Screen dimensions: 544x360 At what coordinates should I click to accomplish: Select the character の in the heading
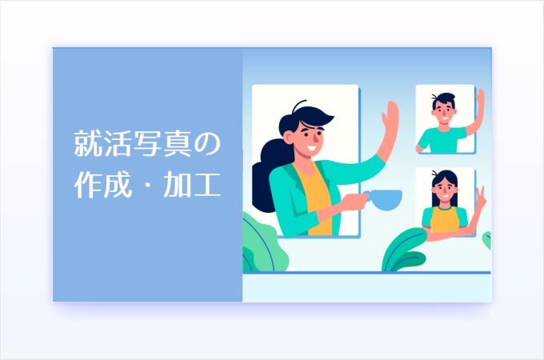coord(207,143)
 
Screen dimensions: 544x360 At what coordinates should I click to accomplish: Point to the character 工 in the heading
coord(207,185)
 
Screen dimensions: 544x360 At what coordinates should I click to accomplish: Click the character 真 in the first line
coord(178,143)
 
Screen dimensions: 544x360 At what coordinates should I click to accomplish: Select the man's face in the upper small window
coord(444,110)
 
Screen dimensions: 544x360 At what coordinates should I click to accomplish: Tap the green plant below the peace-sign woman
coord(405,250)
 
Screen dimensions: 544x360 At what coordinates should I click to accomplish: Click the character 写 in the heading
coord(148,143)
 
